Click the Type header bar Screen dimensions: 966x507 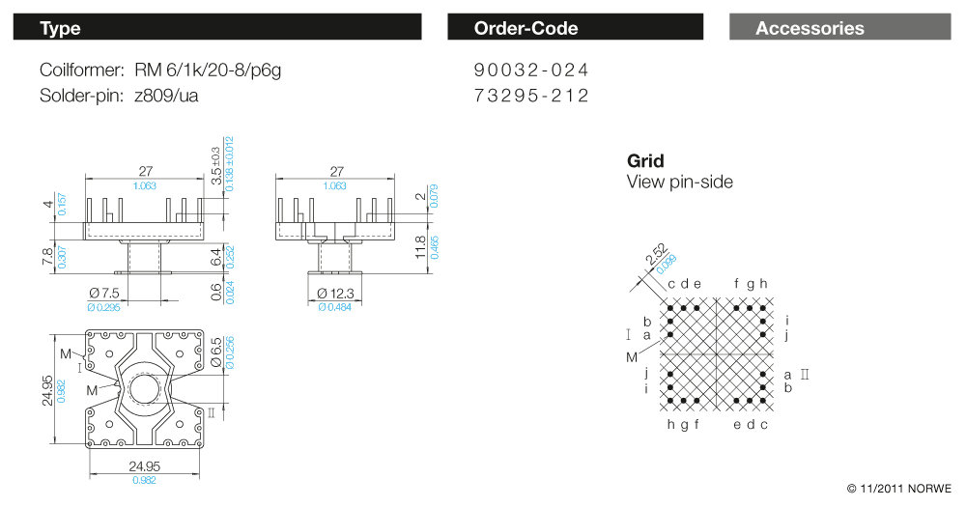point(217,27)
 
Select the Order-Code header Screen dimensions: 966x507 point(576,27)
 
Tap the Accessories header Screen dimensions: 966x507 point(840,27)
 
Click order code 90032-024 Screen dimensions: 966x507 point(531,70)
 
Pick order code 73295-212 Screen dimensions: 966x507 point(531,96)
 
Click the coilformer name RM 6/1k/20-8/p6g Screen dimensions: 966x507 point(208,70)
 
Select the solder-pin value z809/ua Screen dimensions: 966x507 point(166,96)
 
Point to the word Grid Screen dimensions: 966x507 point(645,160)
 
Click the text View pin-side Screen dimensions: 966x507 point(679,182)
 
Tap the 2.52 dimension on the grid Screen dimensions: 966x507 point(657,254)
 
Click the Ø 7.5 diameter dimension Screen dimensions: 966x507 point(104,293)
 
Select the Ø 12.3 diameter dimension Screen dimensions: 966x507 point(336,294)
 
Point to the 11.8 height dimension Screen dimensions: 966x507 point(421,247)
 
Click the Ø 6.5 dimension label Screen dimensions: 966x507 point(215,352)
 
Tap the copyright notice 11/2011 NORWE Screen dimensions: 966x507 point(898,489)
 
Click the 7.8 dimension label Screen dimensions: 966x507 point(47,257)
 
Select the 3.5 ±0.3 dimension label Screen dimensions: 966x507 point(215,166)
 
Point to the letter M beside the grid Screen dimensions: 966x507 point(632,357)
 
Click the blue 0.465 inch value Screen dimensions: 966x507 point(435,247)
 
